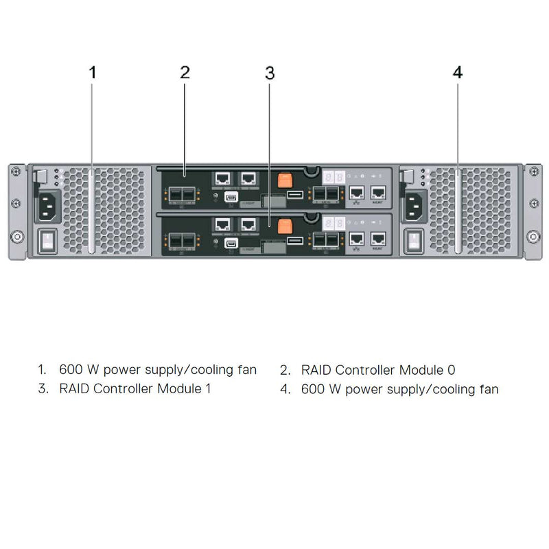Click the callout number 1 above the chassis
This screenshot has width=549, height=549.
click(x=93, y=72)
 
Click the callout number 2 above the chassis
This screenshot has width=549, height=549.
click(x=185, y=72)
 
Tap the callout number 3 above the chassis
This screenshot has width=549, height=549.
click(x=270, y=72)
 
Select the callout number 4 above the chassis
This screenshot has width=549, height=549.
click(x=458, y=72)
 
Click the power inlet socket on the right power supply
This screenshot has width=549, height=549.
click(x=414, y=204)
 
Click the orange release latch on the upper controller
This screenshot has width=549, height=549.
click(x=285, y=180)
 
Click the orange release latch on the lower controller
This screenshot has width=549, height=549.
click(x=285, y=224)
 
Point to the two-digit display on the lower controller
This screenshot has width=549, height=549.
click(x=335, y=223)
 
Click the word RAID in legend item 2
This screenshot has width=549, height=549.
click(x=316, y=370)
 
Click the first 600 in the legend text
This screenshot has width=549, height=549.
click(x=71, y=370)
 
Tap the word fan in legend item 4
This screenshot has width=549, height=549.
click(x=487, y=389)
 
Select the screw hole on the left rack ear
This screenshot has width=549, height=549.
click(x=14, y=237)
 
